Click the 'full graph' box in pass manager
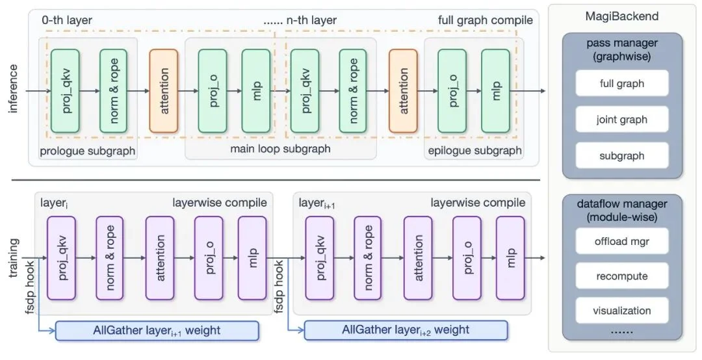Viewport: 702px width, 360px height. click(x=622, y=83)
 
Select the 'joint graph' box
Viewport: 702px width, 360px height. click(x=622, y=120)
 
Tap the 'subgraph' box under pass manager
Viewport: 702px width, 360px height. click(x=622, y=156)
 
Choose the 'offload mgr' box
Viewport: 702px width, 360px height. click(x=622, y=241)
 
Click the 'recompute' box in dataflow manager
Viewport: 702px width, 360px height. click(x=622, y=276)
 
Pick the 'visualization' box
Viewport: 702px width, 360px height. click(x=622, y=311)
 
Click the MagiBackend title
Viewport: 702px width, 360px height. click(x=622, y=16)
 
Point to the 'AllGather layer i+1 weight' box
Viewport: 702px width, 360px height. click(x=157, y=330)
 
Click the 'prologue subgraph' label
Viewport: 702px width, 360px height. click(x=88, y=151)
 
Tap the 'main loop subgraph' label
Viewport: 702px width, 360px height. click(x=280, y=149)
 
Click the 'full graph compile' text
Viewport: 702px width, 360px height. click(x=485, y=20)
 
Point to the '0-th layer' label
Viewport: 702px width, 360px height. click(x=66, y=20)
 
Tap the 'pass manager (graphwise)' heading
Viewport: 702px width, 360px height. click(x=622, y=49)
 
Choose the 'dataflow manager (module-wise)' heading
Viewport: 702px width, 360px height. click(x=622, y=209)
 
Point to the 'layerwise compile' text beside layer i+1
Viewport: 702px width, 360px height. click(x=478, y=203)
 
